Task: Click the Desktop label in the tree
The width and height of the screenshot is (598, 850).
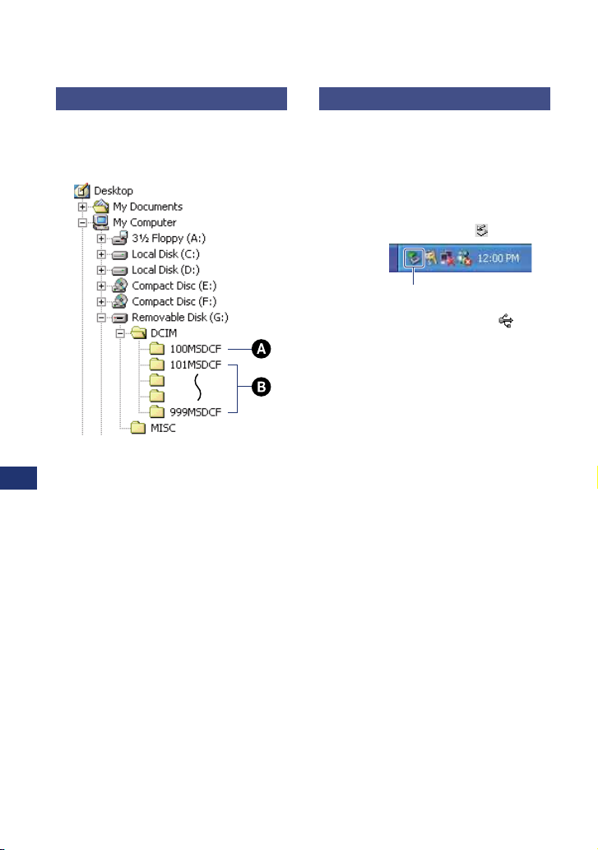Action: (x=114, y=191)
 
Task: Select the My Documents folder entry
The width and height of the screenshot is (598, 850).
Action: (x=148, y=207)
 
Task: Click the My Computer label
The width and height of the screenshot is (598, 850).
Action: (x=144, y=222)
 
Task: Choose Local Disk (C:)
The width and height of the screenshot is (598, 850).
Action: (x=166, y=253)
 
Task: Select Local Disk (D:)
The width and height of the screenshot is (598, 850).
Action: (x=166, y=269)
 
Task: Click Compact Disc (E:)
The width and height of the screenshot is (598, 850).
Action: (x=175, y=286)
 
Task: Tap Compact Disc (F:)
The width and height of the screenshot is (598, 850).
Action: (x=175, y=301)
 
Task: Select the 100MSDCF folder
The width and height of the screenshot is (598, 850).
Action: (x=196, y=349)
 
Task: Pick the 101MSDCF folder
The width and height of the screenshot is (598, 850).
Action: (x=196, y=365)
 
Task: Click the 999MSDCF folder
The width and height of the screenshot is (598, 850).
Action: (x=196, y=411)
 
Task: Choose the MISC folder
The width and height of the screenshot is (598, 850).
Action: (x=161, y=428)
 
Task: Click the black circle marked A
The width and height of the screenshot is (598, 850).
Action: (x=261, y=349)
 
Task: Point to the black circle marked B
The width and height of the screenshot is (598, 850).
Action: (x=261, y=388)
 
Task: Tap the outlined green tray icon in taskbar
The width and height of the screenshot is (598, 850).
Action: (x=414, y=258)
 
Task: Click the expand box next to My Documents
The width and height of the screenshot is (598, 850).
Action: (x=82, y=207)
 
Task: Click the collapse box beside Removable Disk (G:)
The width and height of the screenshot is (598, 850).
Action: (x=101, y=317)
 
